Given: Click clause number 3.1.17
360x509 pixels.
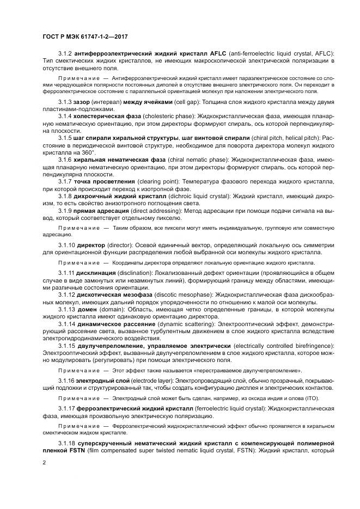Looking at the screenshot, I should (x=67, y=407).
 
